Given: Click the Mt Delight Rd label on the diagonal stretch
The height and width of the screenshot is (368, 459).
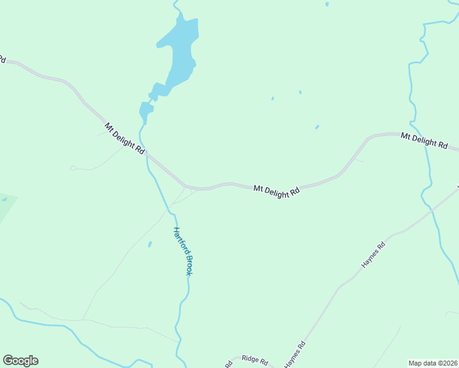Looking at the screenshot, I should click(x=125, y=138).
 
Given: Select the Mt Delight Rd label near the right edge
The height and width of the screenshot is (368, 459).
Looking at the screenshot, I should click(x=425, y=140).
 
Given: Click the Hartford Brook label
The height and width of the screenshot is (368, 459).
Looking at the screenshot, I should click(x=182, y=251).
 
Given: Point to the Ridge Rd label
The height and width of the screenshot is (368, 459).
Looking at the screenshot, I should click(x=255, y=360).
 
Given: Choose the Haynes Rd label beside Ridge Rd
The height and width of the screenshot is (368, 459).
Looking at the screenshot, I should click(x=295, y=355).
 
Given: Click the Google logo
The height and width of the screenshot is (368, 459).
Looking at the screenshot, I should click(x=20, y=361).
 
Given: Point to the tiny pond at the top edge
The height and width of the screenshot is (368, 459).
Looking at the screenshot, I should click(x=327, y=4).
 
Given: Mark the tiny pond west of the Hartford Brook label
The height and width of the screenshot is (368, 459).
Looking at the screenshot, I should click(x=150, y=244).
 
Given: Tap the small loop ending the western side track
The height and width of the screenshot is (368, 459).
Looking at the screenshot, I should click(x=73, y=167).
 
